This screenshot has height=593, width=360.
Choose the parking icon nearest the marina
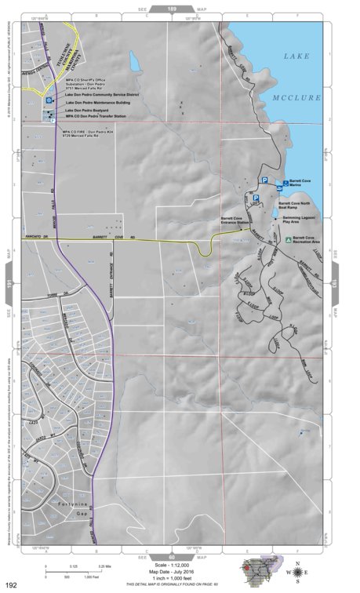coord(264,180)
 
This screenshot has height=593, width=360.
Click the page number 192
coord(11,585)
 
